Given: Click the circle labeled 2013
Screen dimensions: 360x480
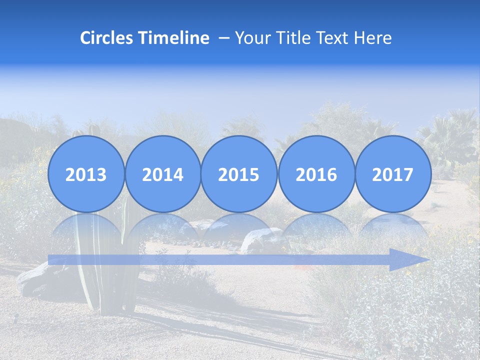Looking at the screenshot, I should point(86,174).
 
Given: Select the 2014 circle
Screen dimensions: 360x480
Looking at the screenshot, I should point(162,174).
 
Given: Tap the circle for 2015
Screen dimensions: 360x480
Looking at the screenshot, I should point(239,174).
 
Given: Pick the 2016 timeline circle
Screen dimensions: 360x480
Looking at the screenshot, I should point(316,174).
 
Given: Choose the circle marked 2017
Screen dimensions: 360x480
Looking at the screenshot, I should point(393,174).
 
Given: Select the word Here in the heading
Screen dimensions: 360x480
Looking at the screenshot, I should point(373,38).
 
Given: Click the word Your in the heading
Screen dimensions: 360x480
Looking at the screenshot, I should point(253,38).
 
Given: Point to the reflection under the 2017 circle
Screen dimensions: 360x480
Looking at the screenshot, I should point(393,227).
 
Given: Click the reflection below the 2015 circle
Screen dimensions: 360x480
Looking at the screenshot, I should point(239,227).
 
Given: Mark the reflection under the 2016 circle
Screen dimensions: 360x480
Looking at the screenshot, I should point(316,227).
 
